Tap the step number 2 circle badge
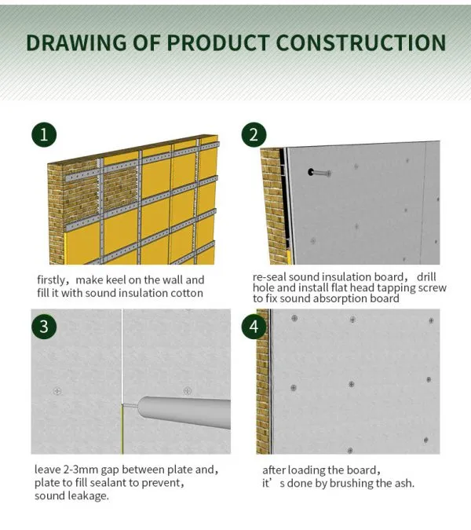(x=252, y=134)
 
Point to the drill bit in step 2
(x=318, y=172)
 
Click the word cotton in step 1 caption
(x=185, y=293)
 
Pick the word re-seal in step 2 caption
(x=270, y=277)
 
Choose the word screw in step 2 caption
(x=430, y=287)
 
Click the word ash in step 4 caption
(x=402, y=482)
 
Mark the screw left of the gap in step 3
(x=57, y=390)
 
